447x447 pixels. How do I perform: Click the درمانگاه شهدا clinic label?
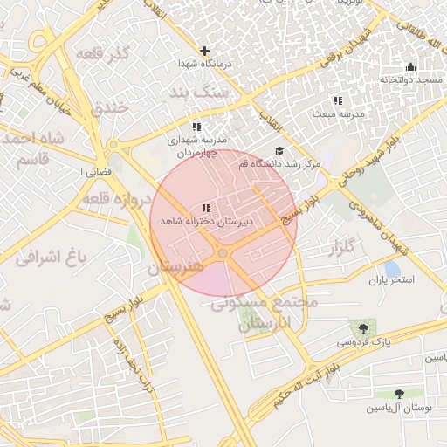203,65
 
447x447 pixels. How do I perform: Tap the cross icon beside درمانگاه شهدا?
204,51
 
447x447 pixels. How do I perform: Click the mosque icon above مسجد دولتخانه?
410,66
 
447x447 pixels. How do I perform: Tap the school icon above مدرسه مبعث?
338,101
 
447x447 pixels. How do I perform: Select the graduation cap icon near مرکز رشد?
279,151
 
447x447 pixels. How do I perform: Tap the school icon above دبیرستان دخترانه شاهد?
205,208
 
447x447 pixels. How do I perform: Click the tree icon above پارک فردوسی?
363,328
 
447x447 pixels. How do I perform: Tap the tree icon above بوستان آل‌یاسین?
400,395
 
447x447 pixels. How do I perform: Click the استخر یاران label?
390,280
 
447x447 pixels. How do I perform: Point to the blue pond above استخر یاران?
393,267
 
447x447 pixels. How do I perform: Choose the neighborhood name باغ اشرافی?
52,257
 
